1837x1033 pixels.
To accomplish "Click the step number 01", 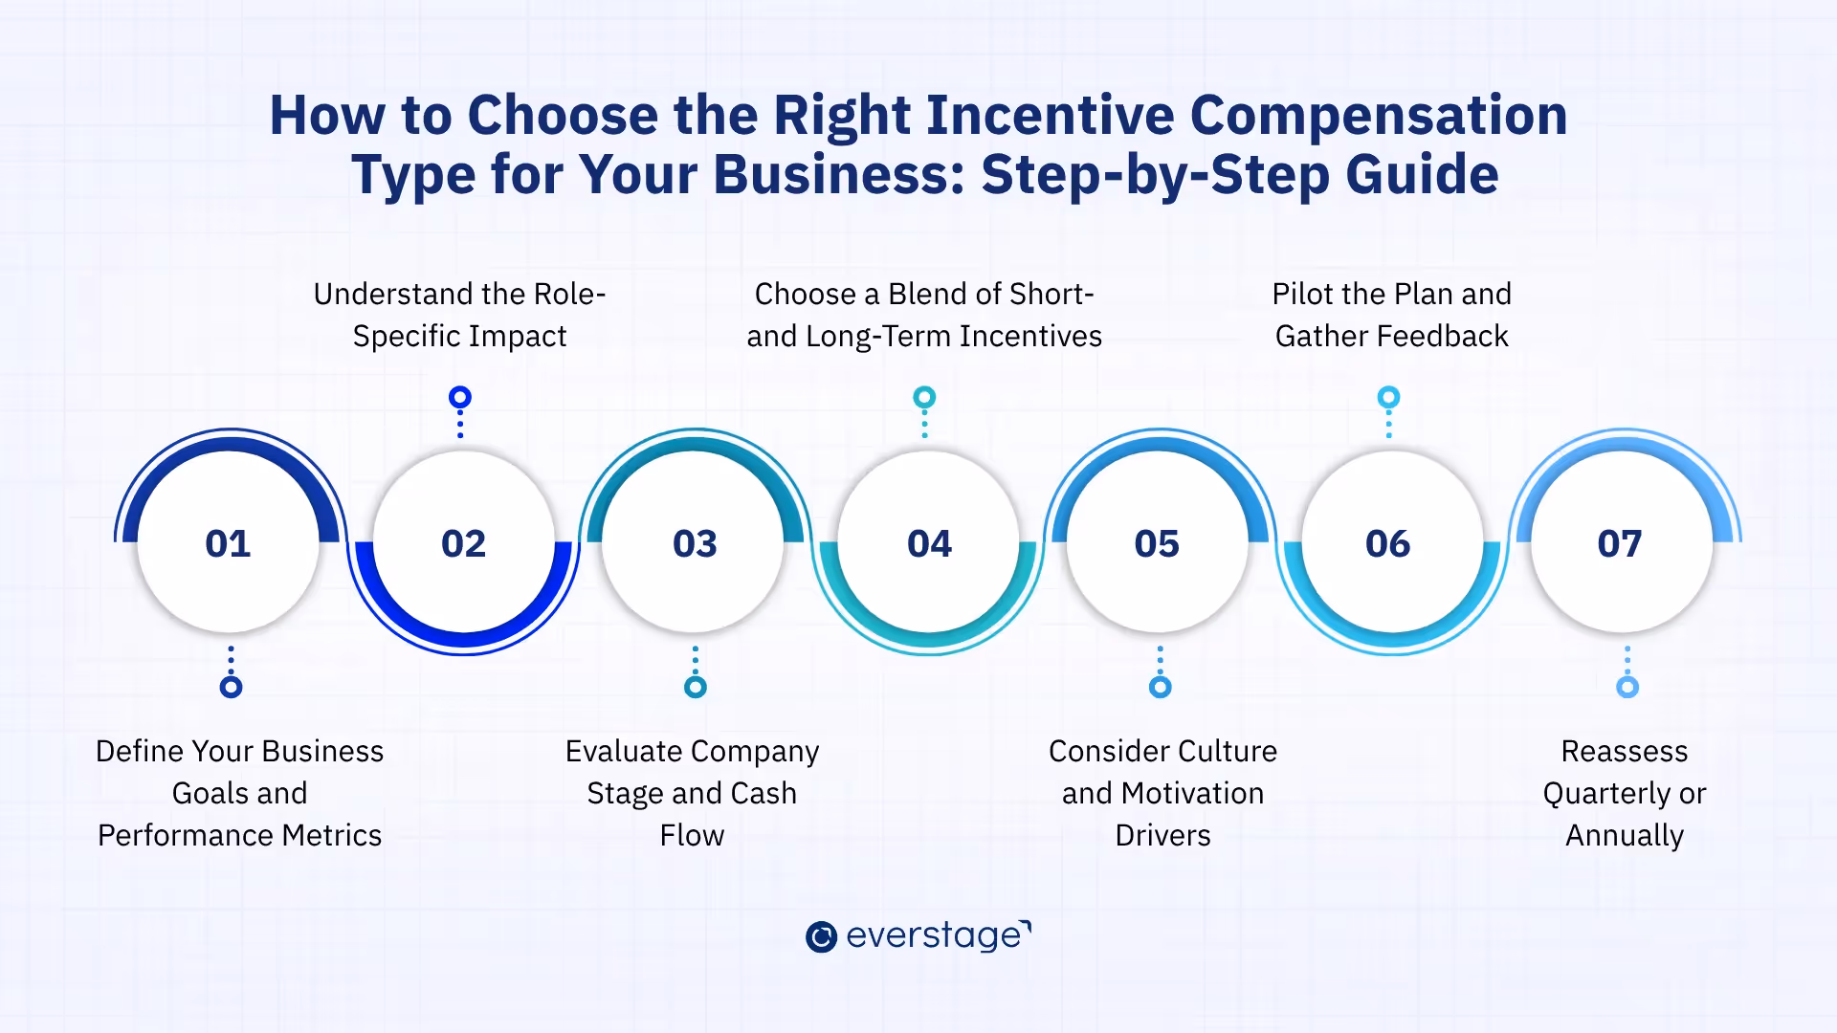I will click(x=228, y=543).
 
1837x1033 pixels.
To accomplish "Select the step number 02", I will click(x=463, y=543).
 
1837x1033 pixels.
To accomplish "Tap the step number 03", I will click(x=695, y=543).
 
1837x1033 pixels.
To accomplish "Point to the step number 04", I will click(x=929, y=543).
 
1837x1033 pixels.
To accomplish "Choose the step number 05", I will click(x=1157, y=543).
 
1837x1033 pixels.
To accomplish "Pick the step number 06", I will click(x=1387, y=543).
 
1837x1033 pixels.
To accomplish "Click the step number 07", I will click(x=1619, y=543).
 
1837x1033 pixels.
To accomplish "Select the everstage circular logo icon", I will click(x=821, y=936).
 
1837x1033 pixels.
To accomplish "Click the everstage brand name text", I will click(x=935, y=934).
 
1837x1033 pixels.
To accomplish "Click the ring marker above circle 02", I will click(x=460, y=397).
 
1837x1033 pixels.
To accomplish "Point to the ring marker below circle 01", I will click(x=231, y=687).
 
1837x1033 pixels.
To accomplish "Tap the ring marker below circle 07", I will click(x=1627, y=687).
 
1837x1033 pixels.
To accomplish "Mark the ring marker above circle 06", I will click(x=1388, y=397).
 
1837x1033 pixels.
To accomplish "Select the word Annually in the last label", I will click(x=1624, y=836).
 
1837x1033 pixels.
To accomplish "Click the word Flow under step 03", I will click(x=692, y=836).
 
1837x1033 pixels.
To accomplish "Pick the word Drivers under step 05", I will click(x=1162, y=836).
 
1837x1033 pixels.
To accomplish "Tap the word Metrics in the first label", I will click(x=331, y=836).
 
